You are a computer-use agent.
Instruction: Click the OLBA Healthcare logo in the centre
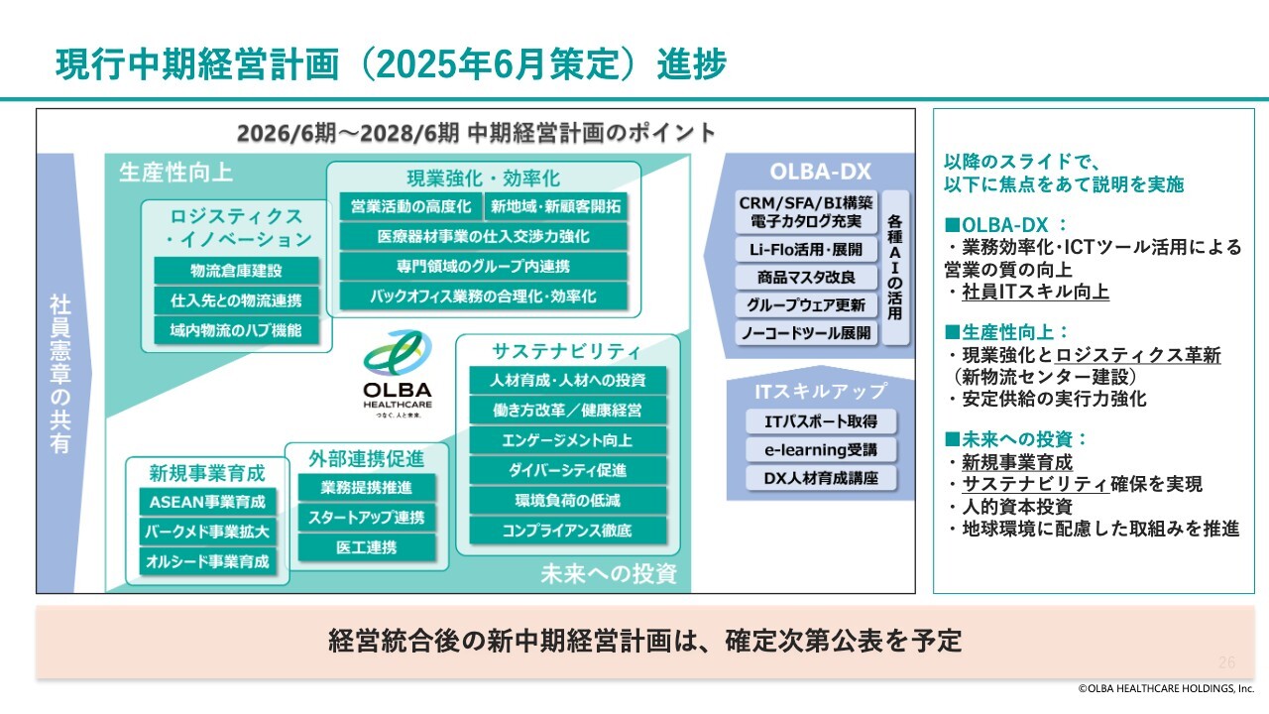(398, 374)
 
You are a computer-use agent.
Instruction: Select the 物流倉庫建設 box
(236, 271)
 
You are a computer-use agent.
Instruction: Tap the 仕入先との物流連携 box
(236, 300)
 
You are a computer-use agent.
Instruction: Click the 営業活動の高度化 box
(410, 206)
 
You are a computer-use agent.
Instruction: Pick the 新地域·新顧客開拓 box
(556, 206)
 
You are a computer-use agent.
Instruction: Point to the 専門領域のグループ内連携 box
(483, 267)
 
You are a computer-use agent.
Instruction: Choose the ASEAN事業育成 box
(207, 502)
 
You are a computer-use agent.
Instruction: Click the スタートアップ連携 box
(367, 518)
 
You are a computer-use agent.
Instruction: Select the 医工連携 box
(367, 547)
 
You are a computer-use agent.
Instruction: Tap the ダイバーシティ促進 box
(568, 470)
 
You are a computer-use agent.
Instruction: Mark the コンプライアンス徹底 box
(568, 531)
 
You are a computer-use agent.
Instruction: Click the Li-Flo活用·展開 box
(806, 249)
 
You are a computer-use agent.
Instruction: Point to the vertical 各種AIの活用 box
(895, 268)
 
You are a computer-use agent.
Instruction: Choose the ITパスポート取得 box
(821, 421)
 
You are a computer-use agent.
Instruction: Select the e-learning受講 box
(821, 450)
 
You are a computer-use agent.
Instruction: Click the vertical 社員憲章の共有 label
(60, 374)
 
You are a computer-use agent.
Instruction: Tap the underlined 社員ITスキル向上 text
(1035, 292)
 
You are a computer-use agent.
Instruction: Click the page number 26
(1227, 661)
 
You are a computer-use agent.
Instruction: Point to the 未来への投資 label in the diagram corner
(609, 573)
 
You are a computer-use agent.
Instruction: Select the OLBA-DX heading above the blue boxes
(820, 172)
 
